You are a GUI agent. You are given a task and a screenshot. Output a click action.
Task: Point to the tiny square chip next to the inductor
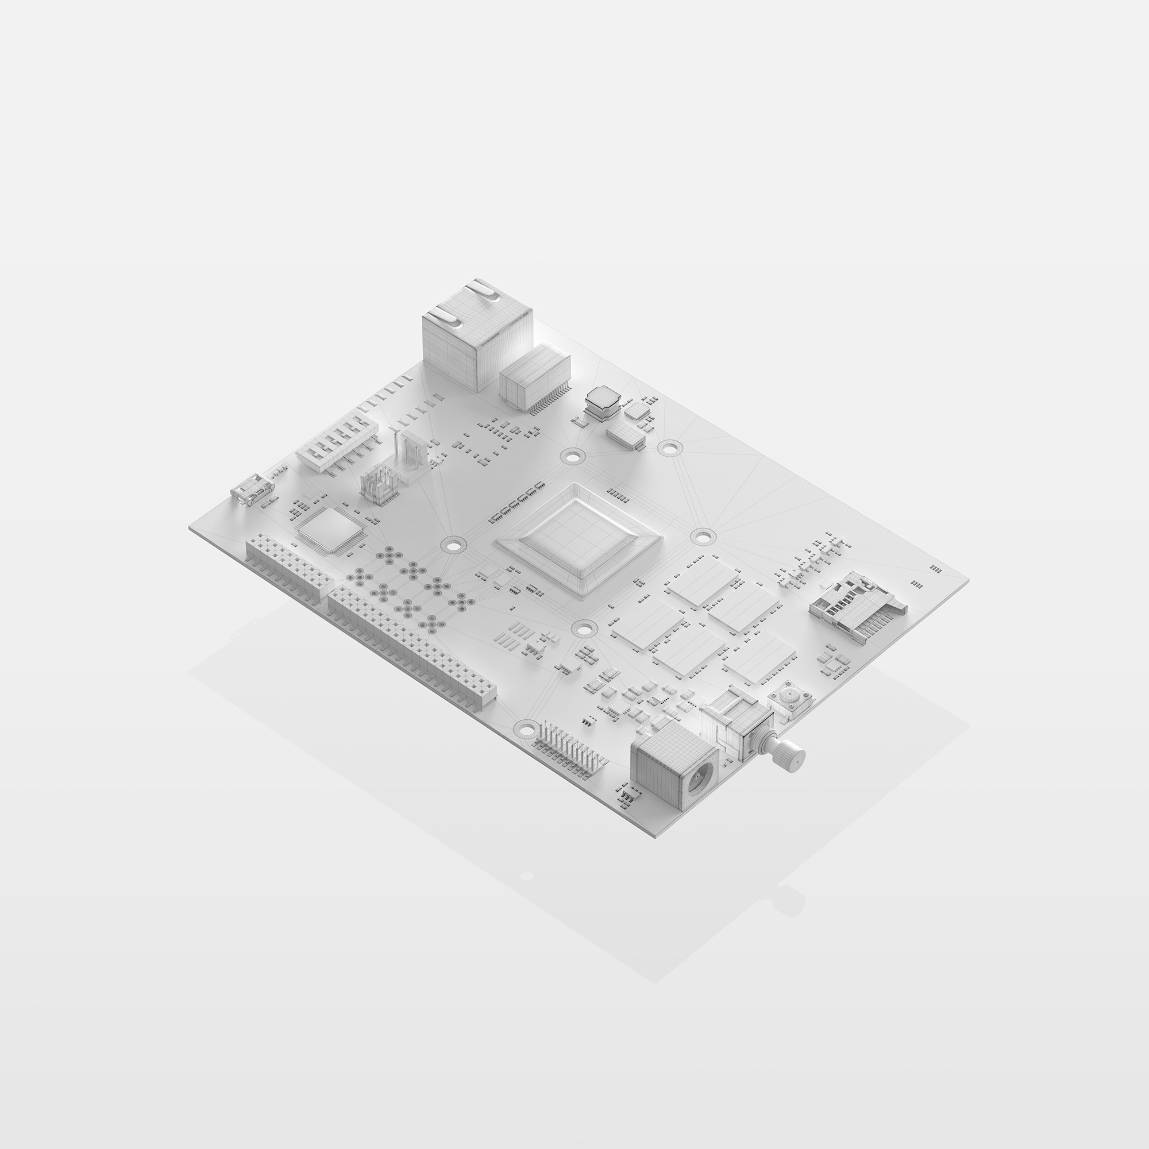coord(638,410)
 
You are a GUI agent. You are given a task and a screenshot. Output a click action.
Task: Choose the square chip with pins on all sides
coord(325,531)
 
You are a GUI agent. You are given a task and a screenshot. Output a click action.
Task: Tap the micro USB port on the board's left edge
coord(253,487)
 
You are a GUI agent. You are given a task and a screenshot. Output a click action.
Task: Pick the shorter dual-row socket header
coord(288,564)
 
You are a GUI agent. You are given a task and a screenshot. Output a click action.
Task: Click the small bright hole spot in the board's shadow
coord(526,876)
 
